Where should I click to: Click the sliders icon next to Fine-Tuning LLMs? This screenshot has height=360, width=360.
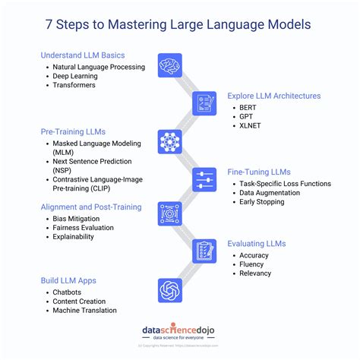(204, 178)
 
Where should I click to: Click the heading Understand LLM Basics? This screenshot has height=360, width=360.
(83, 55)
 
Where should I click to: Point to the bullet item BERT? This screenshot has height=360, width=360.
(248, 109)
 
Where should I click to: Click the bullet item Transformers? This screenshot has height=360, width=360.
(74, 86)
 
